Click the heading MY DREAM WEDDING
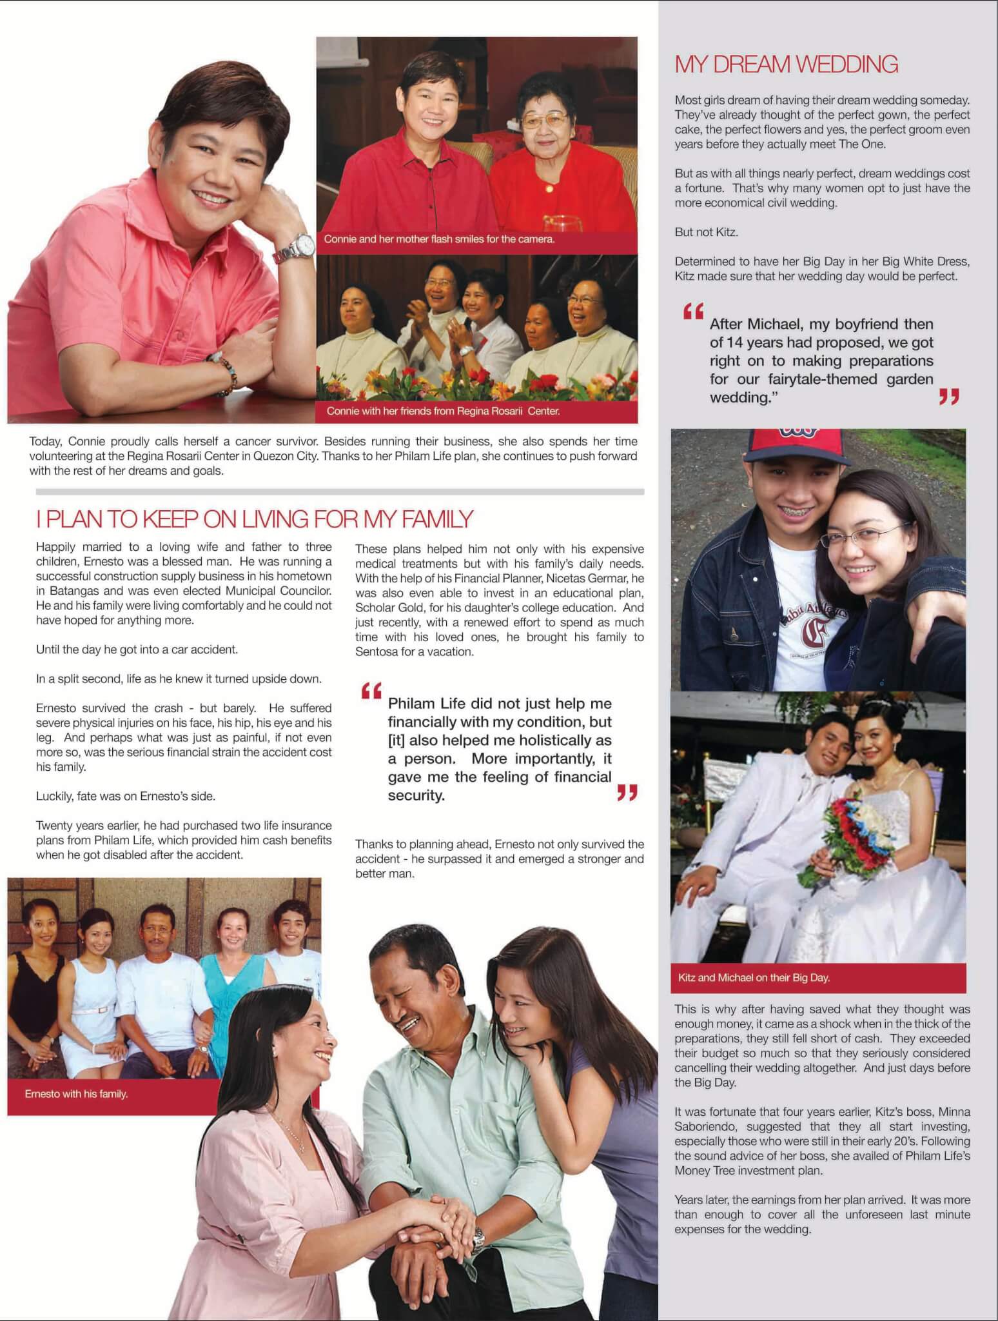coord(786,65)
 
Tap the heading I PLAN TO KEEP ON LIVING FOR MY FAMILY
coord(255,519)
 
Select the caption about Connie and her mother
coord(439,239)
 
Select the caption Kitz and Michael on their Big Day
coord(754,978)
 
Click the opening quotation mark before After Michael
coord(693,313)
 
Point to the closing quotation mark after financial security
coord(627,792)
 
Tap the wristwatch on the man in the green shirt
coord(478,1238)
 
